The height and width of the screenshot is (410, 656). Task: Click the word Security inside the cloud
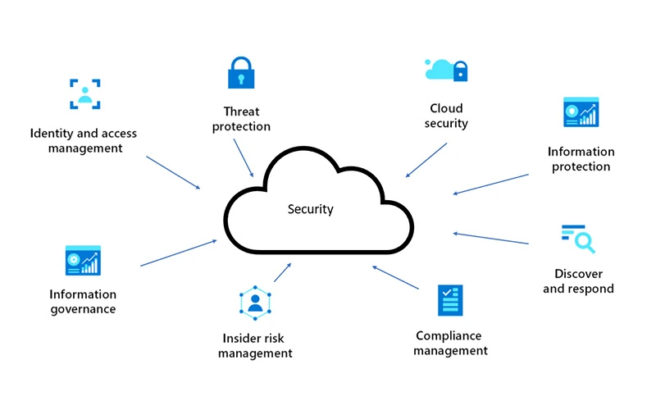[311, 209]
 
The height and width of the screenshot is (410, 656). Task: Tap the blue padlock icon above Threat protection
[239, 73]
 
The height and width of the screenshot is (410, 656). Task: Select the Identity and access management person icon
[84, 93]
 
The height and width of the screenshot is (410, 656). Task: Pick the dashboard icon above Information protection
[581, 113]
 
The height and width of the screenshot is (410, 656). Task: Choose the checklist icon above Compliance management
[449, 301]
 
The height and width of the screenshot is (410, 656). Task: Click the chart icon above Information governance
[83, 261]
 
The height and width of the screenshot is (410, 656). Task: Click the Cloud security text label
[447, 116]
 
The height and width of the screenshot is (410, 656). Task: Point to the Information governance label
[83, 302]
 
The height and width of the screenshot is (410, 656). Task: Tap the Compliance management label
[450, 344]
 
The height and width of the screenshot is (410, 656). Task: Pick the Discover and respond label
[578, 281]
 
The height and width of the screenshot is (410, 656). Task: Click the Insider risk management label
[257, 345]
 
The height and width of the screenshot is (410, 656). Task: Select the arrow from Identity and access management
[173, 172]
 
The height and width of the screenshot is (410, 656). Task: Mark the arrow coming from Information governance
[179, 253]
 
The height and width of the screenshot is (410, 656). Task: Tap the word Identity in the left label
[48, 133]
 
